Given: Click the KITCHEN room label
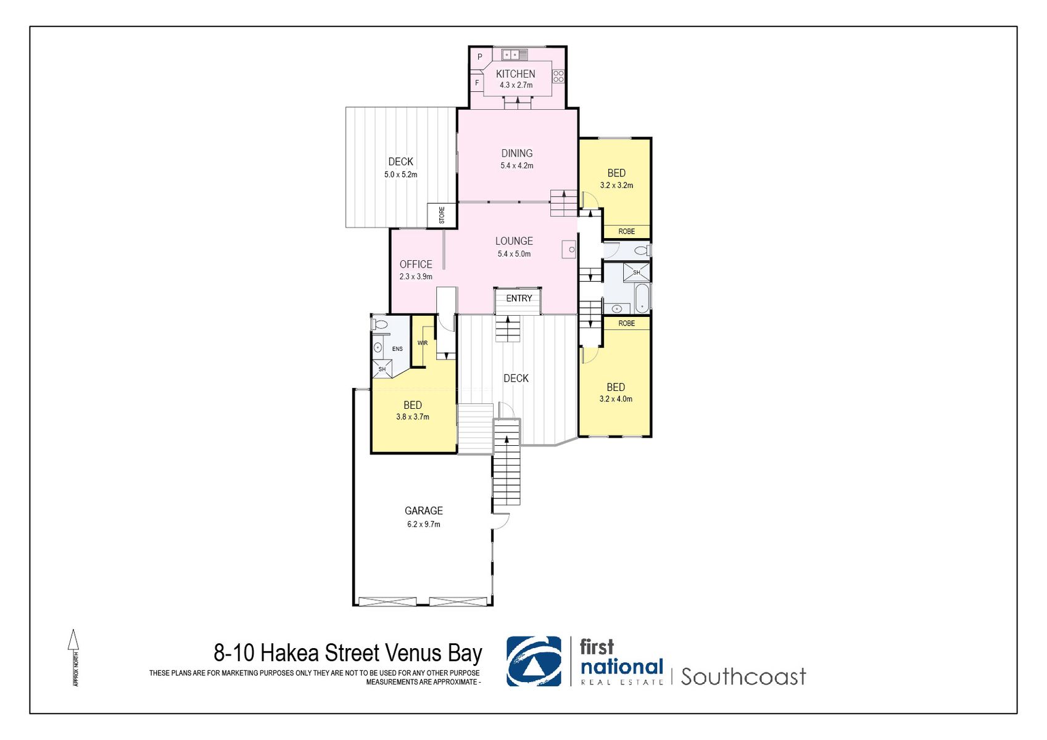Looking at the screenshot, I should [515, 73].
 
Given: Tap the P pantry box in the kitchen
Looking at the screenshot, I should [479, 57].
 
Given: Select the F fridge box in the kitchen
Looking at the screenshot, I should [476, 82].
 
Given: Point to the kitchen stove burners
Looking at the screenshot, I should [558, 76].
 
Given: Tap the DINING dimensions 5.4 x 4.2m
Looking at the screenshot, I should [516, 166].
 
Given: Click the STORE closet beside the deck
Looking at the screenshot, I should [442, 215].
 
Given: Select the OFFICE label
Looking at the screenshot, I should [415, 264].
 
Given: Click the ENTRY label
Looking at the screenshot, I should [519, 298].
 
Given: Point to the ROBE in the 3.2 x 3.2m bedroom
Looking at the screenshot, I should [626, 231].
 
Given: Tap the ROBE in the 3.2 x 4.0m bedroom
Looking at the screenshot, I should [626, 323].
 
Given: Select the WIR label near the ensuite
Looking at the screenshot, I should [423, 343].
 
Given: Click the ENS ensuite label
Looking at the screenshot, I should [397, 349].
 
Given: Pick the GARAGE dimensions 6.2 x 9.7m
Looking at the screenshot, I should [423, 524].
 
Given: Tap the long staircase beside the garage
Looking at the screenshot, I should [507, 469].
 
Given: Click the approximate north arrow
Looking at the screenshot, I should [73, 641].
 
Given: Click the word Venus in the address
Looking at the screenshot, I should [413, 653].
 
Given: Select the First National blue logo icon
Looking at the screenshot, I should [534, 661].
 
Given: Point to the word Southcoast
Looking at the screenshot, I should [743, 676].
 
